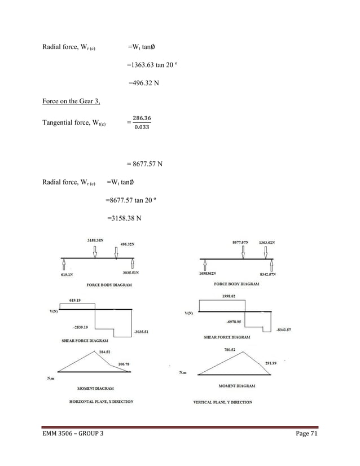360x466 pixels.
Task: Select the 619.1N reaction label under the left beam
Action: click(67, 275)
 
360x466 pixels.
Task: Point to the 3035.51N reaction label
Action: click(131, 273)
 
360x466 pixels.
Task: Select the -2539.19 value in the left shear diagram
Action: click(79, 327)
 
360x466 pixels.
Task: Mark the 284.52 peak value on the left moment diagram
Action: click(104, 352)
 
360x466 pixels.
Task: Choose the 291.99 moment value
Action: click(273, 363)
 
